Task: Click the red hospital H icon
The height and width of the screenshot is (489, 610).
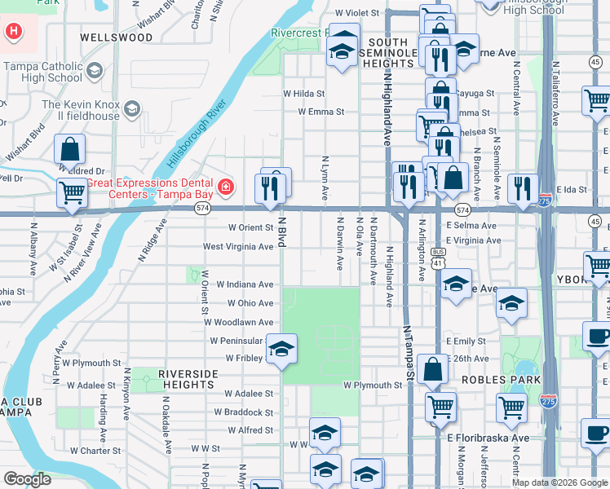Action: click(x=14, y=33)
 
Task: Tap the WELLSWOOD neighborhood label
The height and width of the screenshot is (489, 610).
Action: click(x=116, y=37)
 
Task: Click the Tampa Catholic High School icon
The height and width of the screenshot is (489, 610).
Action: click(x=95, y=72)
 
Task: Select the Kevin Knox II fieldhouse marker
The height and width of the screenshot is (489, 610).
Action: click(x=130, y=106)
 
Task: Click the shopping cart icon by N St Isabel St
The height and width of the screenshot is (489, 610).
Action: click(x=73, y=192)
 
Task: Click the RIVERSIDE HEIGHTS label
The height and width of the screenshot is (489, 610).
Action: click(x=189, y=378)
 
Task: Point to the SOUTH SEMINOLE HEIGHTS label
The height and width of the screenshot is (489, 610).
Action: click(x=393, y=52)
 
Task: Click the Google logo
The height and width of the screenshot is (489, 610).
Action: click(x=27, y=478)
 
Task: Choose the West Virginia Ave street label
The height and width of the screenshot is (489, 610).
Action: click(x=238, y=246)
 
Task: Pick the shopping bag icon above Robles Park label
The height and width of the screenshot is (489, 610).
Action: click(x=432, y=368)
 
